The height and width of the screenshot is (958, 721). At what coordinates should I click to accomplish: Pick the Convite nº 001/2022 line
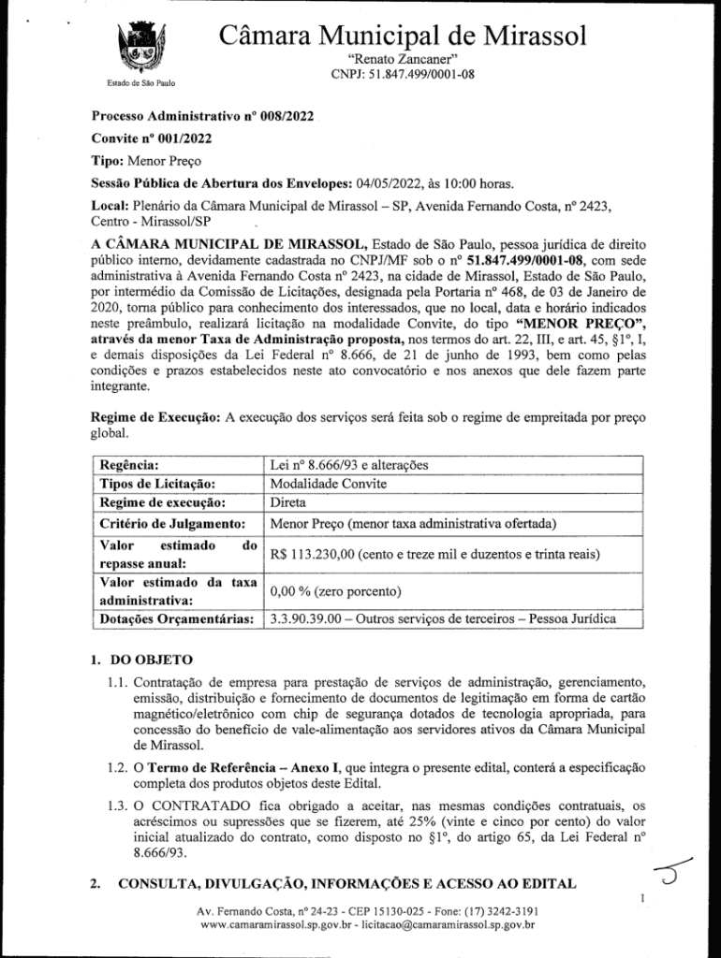pos(151,138)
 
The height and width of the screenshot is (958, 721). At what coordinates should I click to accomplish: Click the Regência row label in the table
pos(128,465)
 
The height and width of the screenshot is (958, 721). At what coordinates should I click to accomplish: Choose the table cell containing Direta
pos(288,502)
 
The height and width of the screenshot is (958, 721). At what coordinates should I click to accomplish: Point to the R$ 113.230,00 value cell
pos(434,554)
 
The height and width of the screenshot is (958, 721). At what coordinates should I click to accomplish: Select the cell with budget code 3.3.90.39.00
pos(441,619)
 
